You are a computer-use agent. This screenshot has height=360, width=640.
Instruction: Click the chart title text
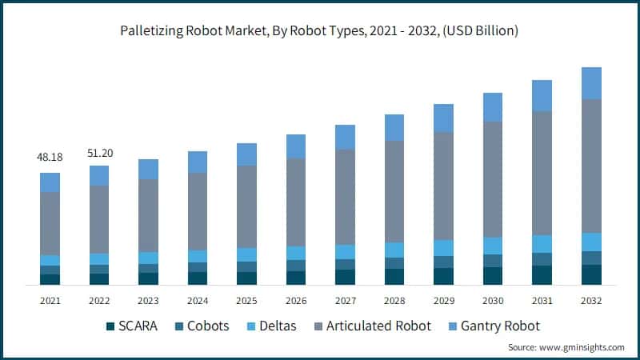319,32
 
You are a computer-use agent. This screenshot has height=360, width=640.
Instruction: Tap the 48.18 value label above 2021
50,158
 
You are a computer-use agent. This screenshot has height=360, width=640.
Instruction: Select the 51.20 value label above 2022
99,151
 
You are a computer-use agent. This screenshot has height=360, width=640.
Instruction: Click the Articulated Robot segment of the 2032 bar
591,166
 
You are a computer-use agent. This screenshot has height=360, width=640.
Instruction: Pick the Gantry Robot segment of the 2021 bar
50,182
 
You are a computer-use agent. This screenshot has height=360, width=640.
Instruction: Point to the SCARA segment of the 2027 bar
345,277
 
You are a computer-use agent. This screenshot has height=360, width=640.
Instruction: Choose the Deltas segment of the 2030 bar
493,246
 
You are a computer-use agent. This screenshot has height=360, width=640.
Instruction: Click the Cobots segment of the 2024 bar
198,267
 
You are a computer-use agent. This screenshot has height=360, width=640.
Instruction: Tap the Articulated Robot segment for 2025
246,206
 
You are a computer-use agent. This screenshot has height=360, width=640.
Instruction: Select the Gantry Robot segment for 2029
443,118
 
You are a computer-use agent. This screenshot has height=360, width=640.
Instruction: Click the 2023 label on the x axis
148,301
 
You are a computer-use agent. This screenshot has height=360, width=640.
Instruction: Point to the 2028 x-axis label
394,301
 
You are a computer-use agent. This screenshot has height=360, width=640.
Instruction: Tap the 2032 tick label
591,301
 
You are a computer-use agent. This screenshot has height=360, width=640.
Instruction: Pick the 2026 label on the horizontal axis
296,301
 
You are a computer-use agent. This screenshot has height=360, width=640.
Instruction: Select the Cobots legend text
207,326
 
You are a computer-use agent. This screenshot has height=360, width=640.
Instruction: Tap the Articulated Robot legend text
380,326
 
